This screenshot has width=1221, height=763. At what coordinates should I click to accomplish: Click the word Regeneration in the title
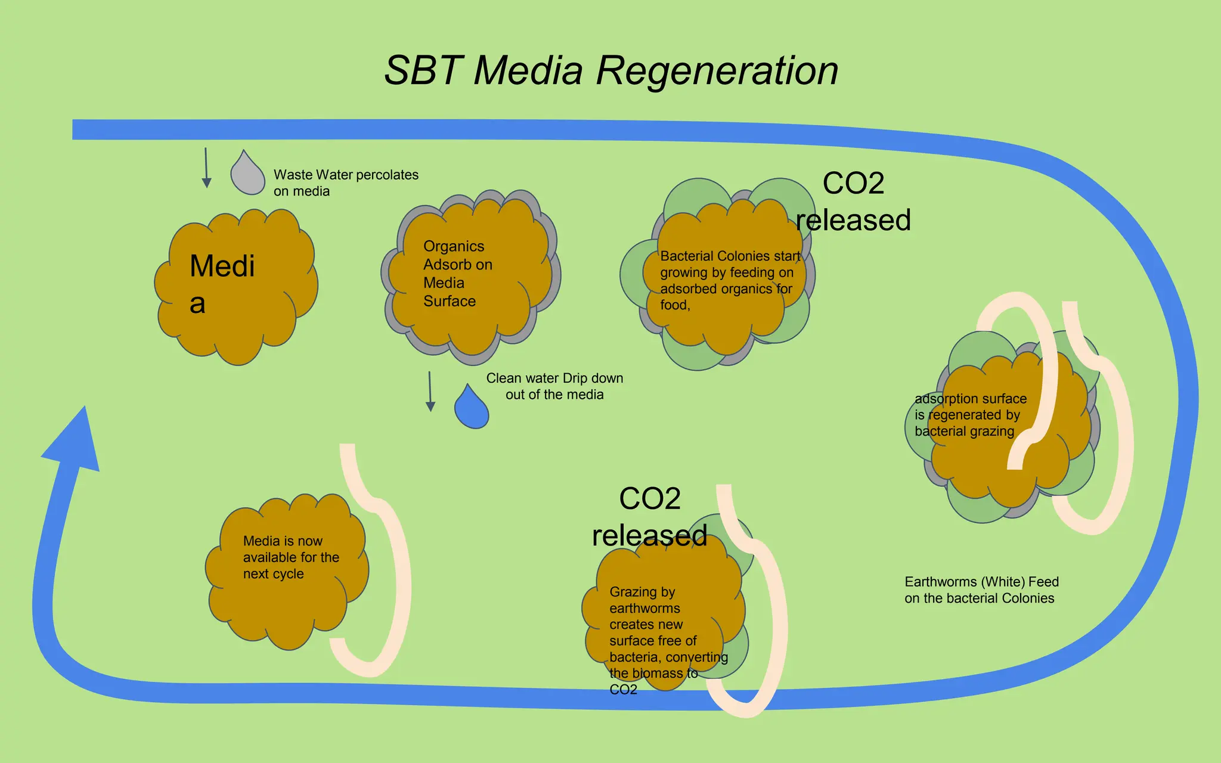point(717,71)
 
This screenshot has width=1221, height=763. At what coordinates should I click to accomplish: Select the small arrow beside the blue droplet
point(430,392)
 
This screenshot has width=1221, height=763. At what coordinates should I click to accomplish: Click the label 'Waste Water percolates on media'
point(346,182)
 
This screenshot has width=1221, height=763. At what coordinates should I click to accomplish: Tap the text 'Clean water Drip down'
point(554,378)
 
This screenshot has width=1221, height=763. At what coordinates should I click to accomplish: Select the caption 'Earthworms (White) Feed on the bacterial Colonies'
point(981,590)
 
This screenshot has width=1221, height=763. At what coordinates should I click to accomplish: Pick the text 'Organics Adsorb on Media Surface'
point(457,274)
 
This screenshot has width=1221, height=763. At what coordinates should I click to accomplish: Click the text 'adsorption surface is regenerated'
point(970,407)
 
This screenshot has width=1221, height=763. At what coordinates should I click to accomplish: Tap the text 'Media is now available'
point(283,549)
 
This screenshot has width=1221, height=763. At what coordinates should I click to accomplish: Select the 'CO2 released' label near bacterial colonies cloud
point(853,201)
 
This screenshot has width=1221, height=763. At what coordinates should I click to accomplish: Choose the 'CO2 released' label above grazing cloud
point(649,516)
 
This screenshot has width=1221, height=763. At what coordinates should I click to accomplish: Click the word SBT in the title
point(423,71)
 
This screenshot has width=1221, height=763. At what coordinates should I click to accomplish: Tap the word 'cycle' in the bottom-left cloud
point(289,574)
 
